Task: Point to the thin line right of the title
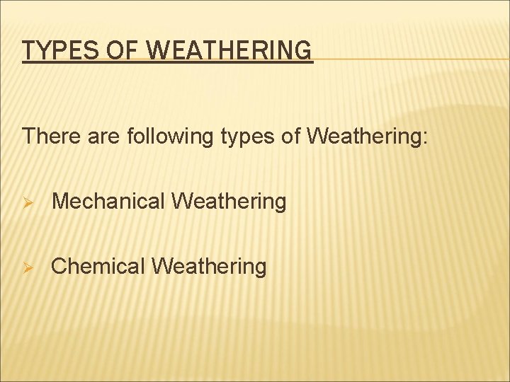(x=411, y=59)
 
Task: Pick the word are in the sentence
(x=104, y=136)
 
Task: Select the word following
(x=170, y=136)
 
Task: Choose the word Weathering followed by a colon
(x=365, y=136)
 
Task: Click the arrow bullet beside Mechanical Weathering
(x=28, y=202)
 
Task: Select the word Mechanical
(x=109, y=202)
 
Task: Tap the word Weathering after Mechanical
(x=229, y=202)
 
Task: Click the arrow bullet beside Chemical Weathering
(x=28, y=267)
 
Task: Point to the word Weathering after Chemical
(x=210, y=267)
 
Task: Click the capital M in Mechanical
(x=61, y=202)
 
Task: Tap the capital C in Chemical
(x=59, y=267)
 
